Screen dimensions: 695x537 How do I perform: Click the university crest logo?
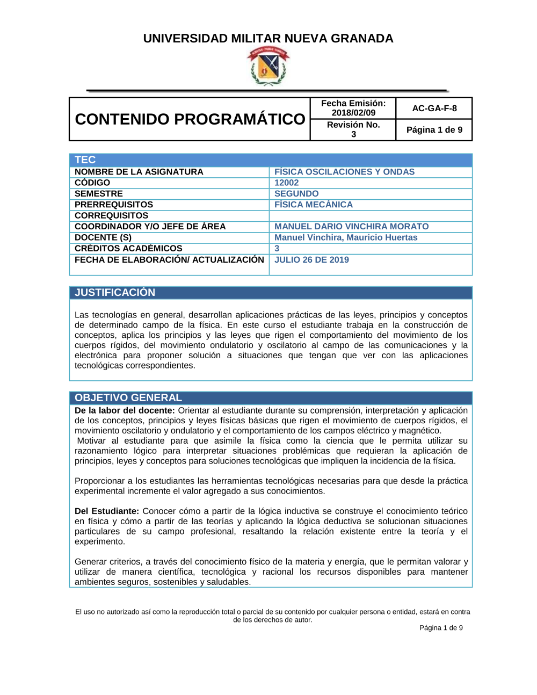tap(268, 66)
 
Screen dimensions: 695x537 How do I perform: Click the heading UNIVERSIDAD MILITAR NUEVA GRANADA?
tap(268, 39)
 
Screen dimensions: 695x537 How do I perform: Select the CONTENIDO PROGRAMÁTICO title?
tap(190, 119)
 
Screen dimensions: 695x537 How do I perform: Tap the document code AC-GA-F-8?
tap(434, 108)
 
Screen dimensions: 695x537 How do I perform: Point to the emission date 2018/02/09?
tap(353, 113)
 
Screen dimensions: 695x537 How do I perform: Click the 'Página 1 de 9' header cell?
tap(434, 130)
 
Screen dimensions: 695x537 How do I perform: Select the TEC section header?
tap(85, 160)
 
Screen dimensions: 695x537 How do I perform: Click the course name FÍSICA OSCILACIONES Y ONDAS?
tap(344, 172)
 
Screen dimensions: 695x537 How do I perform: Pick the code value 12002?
tap(287, 183)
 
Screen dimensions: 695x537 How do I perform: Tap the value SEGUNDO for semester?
tap(296, 194)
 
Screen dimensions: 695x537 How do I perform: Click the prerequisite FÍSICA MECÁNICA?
tap(314, 205)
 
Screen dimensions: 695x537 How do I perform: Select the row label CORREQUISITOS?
tap(111, 215)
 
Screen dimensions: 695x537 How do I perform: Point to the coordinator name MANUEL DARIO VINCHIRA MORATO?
tap(352, 227)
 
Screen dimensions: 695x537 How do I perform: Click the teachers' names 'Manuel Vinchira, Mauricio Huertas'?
tap(346, 237)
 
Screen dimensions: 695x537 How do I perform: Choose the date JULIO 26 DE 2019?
tap(311, 260)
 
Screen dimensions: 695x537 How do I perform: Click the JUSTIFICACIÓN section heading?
tap(115, 293)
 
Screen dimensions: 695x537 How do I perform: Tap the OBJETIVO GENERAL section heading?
tap(128, 398)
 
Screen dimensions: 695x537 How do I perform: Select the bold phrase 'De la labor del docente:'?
tap(125, 411)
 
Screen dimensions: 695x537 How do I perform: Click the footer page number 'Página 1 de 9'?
tap(441, 628)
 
